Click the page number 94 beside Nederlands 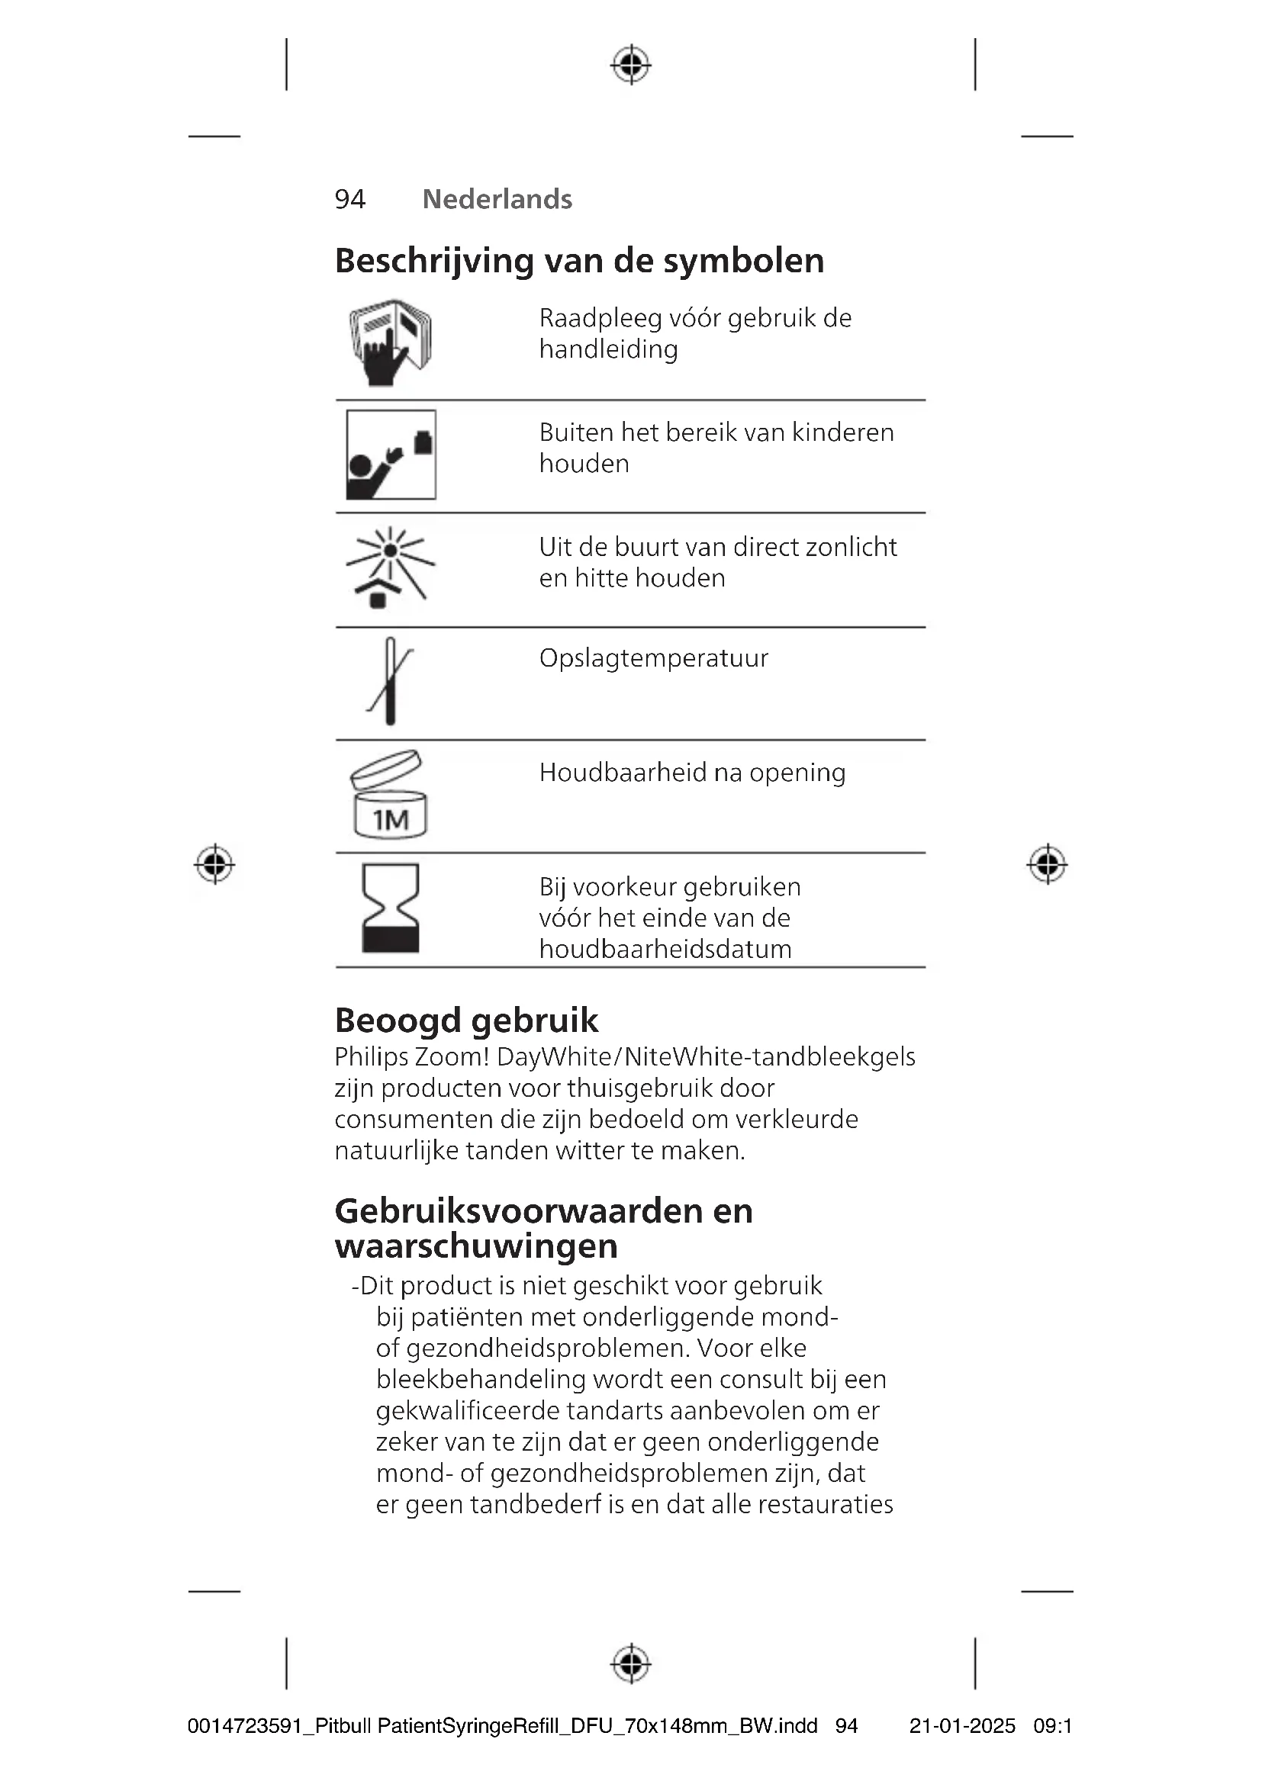[349, 200]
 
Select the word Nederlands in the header [497, 200]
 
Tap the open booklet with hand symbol [390, 342]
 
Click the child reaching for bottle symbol [391, 455]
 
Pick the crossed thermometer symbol [390, 681]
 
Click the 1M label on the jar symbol [390, 820]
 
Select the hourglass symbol [390, 908]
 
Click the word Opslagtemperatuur [654, 659]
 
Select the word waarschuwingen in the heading [476, 1246]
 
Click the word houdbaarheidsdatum [665, 950]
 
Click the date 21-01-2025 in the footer [962, 1727]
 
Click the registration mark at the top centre [631, 65]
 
